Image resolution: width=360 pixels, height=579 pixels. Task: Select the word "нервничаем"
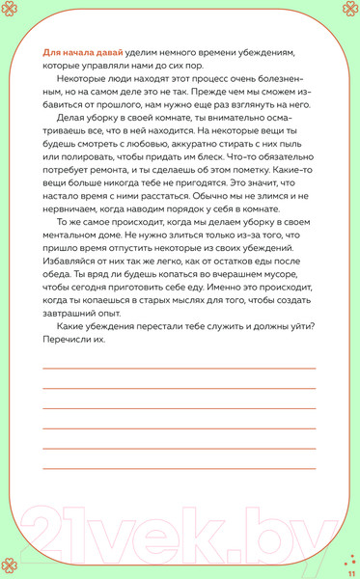[76, 251]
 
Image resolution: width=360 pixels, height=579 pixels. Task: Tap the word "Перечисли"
[72, 419]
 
